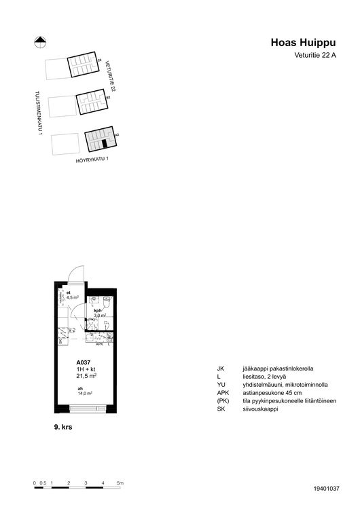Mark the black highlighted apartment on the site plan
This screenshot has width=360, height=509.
(105, 144)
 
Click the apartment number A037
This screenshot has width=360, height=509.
(84, 363)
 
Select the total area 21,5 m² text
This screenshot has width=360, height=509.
(86, 375)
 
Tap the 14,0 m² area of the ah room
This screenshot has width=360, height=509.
(85, 393)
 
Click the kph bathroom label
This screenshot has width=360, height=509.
(98, 310)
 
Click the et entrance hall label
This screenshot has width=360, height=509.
(69, 292)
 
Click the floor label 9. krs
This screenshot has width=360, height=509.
(64, 429)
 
